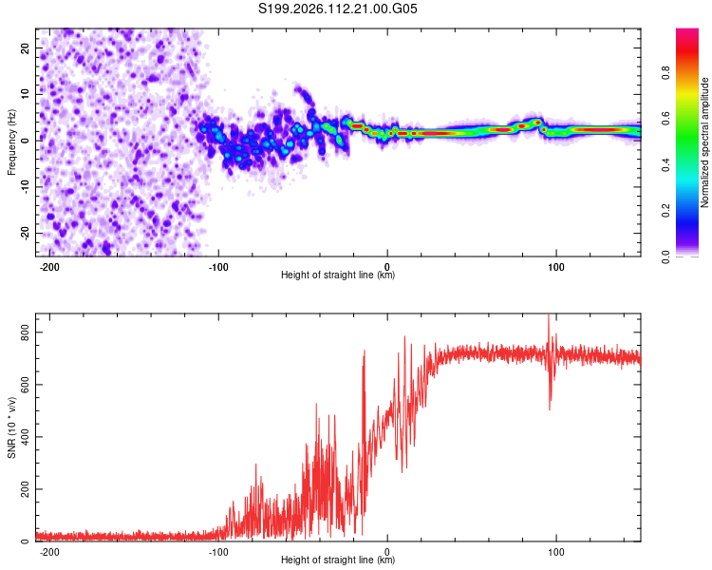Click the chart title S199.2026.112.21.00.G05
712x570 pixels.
point(339,9)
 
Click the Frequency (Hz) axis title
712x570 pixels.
point(11,142)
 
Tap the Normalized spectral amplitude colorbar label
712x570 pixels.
point(704,142)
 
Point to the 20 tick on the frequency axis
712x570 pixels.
point(26,47)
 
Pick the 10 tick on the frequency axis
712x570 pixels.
point(26,94)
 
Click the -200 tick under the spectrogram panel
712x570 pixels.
point(49,265)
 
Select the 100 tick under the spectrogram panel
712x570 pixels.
point(555,265)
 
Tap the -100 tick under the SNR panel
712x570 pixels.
point(218,550)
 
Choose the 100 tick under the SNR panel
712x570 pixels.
point(555,550)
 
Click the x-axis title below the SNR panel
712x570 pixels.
point(338,560)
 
